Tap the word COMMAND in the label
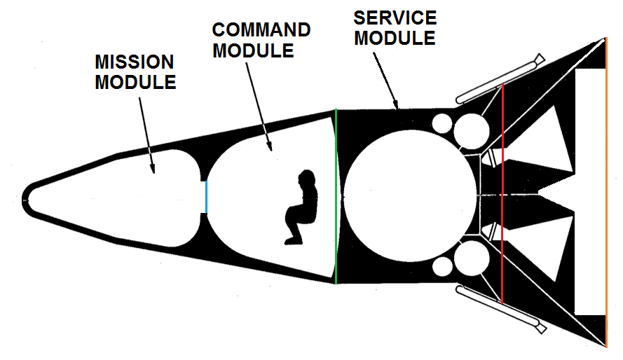point(261,31)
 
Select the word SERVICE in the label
point(395,18)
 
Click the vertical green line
point(336,196)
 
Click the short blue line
point(206,196)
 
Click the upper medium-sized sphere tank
point(471,131)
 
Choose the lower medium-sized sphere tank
point(471,261)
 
